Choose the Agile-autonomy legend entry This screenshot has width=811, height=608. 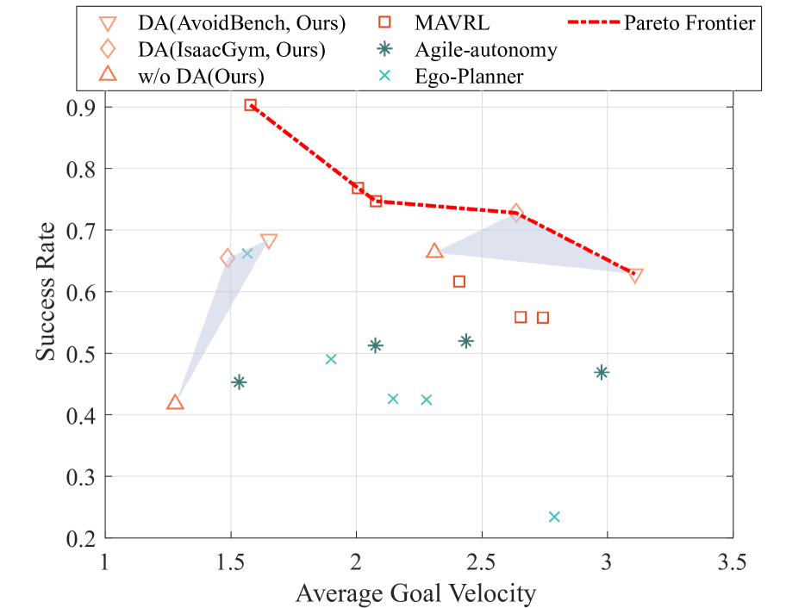(x=483, y=50)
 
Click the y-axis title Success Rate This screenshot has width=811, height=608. (x=48, y=291)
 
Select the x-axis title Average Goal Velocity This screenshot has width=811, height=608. (x=416, y=593)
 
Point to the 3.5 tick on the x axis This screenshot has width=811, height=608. (x=733, y=564)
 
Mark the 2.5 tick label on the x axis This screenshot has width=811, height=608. (x=482, y=564)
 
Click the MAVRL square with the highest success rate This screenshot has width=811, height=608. (x=250, y=105)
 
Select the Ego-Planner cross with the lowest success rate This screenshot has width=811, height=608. (x=554, y=517)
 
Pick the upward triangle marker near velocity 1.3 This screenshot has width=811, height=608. (x=175, y=402)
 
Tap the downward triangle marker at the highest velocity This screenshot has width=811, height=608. (x=635, y=276)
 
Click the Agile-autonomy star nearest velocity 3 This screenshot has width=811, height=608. (x=602, y=372)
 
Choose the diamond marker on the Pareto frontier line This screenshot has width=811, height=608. (x=516, y=213)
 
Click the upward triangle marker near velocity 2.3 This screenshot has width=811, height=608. (x=434, y=251)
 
